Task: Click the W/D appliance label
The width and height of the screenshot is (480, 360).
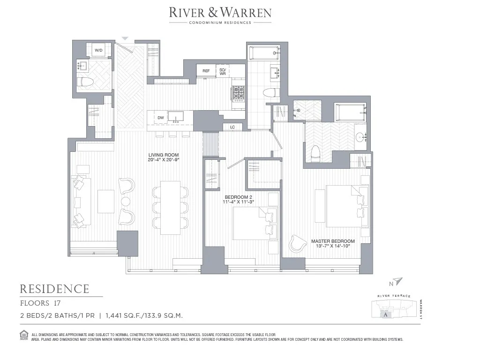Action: point(99,50)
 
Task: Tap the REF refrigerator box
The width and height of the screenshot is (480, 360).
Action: point(206,71)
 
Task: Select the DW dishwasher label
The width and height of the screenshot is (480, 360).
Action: point(161,118)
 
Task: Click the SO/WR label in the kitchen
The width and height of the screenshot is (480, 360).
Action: point(223,71)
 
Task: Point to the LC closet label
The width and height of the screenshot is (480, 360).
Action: point(232,127)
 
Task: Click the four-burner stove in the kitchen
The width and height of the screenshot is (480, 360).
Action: point(239,94)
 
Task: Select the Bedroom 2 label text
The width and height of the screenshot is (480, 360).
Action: point(239,199)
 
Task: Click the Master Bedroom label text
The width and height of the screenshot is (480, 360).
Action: point(333,244)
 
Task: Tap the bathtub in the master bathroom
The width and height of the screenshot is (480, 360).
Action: point(350,113)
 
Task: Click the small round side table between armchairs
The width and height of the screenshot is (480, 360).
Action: point(125,202)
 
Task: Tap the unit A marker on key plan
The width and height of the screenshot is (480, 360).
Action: point(385,315)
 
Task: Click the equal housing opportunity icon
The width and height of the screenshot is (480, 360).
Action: point(24,334)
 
